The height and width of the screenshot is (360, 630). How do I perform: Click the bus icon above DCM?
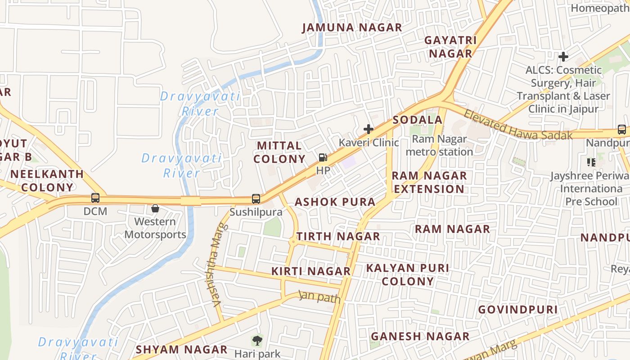tap(95, 198)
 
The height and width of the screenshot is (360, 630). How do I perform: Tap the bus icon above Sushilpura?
tap(256, 198)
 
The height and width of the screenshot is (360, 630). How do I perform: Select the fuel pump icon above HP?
tap(323, 157)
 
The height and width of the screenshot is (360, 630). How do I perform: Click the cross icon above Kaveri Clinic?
tap(369, 129)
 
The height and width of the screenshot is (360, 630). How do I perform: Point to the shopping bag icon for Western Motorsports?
tap(155, 208)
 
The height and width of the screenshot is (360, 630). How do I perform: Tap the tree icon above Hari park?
tap(257, 341)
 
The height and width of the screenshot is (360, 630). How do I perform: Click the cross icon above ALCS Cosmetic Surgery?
tap(563, 57)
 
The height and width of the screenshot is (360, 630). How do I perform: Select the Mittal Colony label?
tap(279, 152)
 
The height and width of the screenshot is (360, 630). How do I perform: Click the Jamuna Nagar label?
tap(352, 27)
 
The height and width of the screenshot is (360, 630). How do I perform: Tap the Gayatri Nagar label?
tap(450, 47)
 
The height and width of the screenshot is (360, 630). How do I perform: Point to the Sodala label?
tap(418, 120)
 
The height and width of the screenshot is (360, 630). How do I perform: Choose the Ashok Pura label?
tap(335, 202)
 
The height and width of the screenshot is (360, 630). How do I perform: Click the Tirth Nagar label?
tap(338, 236)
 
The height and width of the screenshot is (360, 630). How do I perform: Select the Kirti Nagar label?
tap(311, 271)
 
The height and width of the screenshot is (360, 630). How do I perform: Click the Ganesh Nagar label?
tap(420, 336)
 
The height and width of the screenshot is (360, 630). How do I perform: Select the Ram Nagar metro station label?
tap(439, 145)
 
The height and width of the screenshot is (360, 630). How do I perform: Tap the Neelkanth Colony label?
tap(47, 180)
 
